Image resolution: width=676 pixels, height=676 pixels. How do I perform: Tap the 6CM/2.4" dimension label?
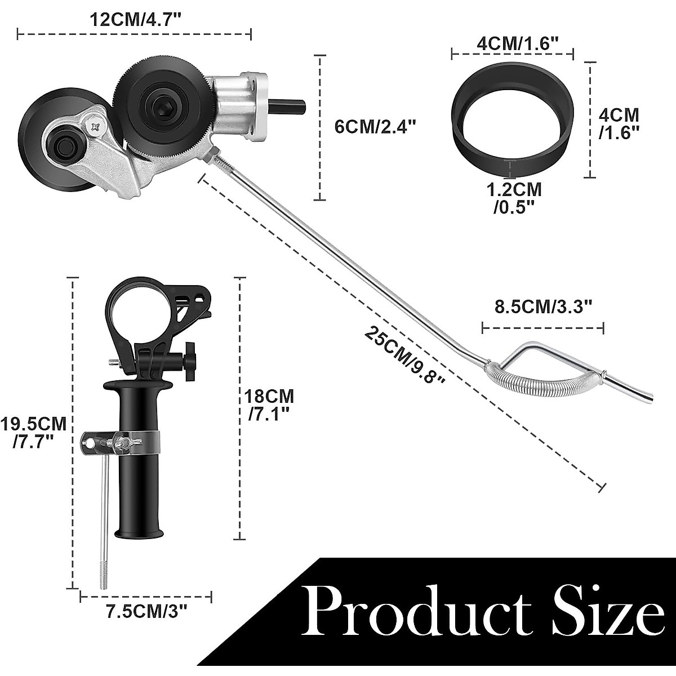click(375, 126)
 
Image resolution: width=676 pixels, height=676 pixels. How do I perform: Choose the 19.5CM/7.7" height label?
click(34, 430)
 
